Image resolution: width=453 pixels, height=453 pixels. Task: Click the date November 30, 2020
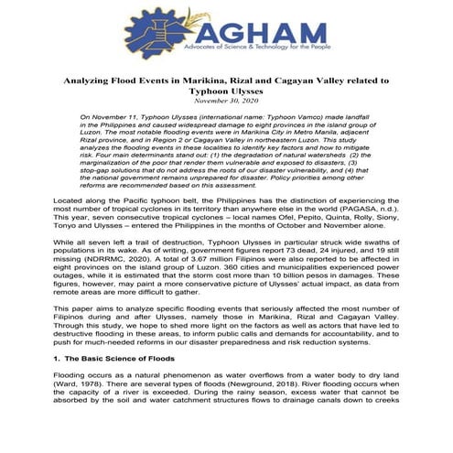pyautogui.click(x=225, y=102)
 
